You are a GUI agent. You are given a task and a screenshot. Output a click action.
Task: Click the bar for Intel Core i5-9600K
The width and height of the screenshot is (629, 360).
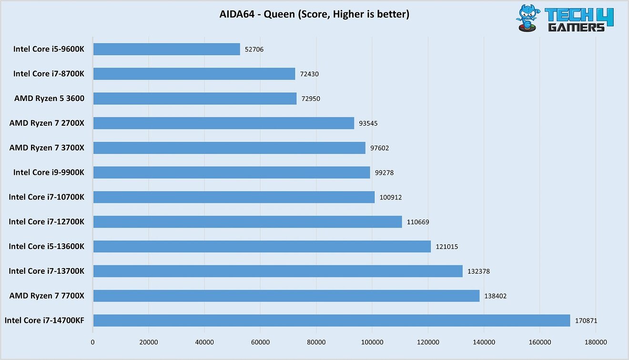tap(167, 49)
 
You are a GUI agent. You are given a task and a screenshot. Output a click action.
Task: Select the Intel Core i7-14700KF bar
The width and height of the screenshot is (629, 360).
tap(332, 320)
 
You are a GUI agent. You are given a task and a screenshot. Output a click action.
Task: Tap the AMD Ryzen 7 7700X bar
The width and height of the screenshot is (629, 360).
tap(286, 296)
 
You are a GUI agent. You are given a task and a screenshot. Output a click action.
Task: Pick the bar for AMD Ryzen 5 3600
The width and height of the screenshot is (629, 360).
tap(195, 99)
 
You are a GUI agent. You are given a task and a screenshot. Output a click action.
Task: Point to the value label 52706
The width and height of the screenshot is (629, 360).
tap(254, 49)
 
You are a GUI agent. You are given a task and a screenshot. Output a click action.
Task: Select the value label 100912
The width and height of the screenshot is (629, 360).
tap(391, 197)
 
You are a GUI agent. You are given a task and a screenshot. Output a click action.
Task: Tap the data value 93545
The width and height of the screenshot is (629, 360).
tap(368, 123)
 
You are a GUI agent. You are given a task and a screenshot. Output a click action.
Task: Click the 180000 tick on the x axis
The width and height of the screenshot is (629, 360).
tap(596, 342)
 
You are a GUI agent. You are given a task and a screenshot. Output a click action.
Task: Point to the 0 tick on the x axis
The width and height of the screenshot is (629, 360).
tap(93, 342)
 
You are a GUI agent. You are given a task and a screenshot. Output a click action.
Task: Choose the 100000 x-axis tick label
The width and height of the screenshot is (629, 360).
tap(372, 342)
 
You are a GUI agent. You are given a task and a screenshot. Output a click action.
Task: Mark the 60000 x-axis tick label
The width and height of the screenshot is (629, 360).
tap(261, 342)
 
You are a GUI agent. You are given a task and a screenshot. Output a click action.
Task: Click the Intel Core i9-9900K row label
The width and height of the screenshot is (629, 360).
tap(49, 172)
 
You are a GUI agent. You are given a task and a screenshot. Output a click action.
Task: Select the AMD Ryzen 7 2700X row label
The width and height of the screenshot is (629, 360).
tap(47, 123)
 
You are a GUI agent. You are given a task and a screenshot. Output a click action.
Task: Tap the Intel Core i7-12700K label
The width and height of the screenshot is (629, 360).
tap(46, 222)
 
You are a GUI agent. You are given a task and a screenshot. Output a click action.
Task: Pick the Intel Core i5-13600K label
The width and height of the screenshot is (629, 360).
tap(46, 247)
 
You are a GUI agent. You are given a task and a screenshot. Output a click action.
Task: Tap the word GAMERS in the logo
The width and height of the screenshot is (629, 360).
tap(576, 27)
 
